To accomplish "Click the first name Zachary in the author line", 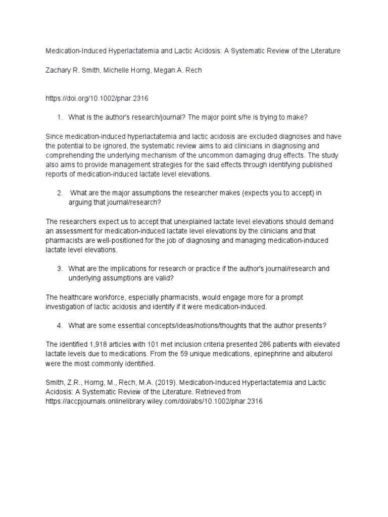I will tap(59, 70).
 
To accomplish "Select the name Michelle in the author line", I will tap(118, 70).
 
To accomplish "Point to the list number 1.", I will tap(59, 117).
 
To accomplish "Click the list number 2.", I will tap(59, 192).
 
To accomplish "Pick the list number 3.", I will tap(59, 269).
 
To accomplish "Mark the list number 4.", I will tap(59, 325).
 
